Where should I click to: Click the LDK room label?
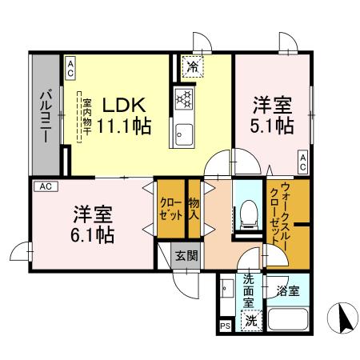(x=123, y=105)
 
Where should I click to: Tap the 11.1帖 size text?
(x=123, y=126)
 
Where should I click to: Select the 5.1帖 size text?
(x=274, y=126)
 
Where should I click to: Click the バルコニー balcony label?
(x=46, y=116)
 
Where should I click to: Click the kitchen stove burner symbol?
(x=183, y=99)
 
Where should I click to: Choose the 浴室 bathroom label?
(x=287, y=290)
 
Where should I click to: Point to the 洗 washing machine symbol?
(x=251, y=321)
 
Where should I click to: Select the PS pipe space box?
(x=224, y=326)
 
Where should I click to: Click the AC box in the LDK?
(x=70, y=67)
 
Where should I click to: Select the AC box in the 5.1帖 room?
(x=303, y=162)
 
